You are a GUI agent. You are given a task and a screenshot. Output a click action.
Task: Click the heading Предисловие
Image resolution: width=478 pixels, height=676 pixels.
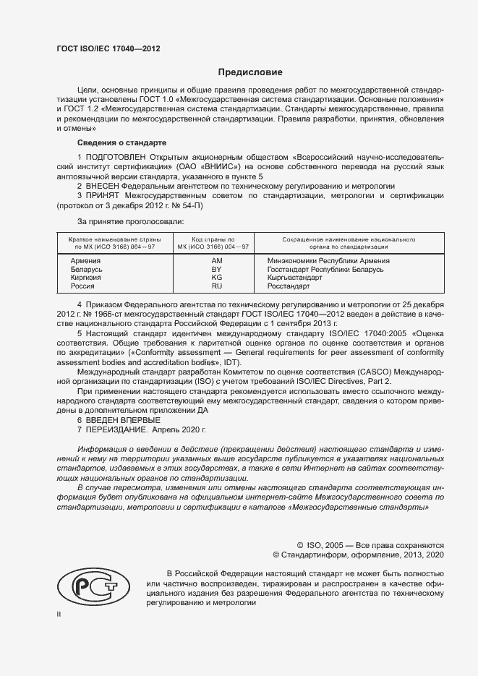[251, 72]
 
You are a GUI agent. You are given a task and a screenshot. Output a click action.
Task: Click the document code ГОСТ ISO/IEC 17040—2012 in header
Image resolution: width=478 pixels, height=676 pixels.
[108, 48]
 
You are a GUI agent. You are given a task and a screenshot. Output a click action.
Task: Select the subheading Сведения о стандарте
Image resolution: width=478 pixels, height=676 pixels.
[121, 142]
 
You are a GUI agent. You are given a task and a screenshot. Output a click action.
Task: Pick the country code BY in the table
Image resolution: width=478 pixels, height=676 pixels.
[216, 269]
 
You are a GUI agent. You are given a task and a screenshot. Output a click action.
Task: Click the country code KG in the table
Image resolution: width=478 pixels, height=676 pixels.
[216, 278]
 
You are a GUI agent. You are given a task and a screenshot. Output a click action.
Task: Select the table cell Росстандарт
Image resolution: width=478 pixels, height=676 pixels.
[287, 286]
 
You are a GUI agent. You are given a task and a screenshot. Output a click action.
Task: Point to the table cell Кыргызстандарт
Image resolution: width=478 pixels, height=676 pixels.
[296, 278]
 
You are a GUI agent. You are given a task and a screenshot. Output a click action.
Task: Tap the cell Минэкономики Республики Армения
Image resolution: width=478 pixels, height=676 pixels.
[328, 260]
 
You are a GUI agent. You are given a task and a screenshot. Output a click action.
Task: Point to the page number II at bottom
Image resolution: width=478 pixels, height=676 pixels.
[59, 614]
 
